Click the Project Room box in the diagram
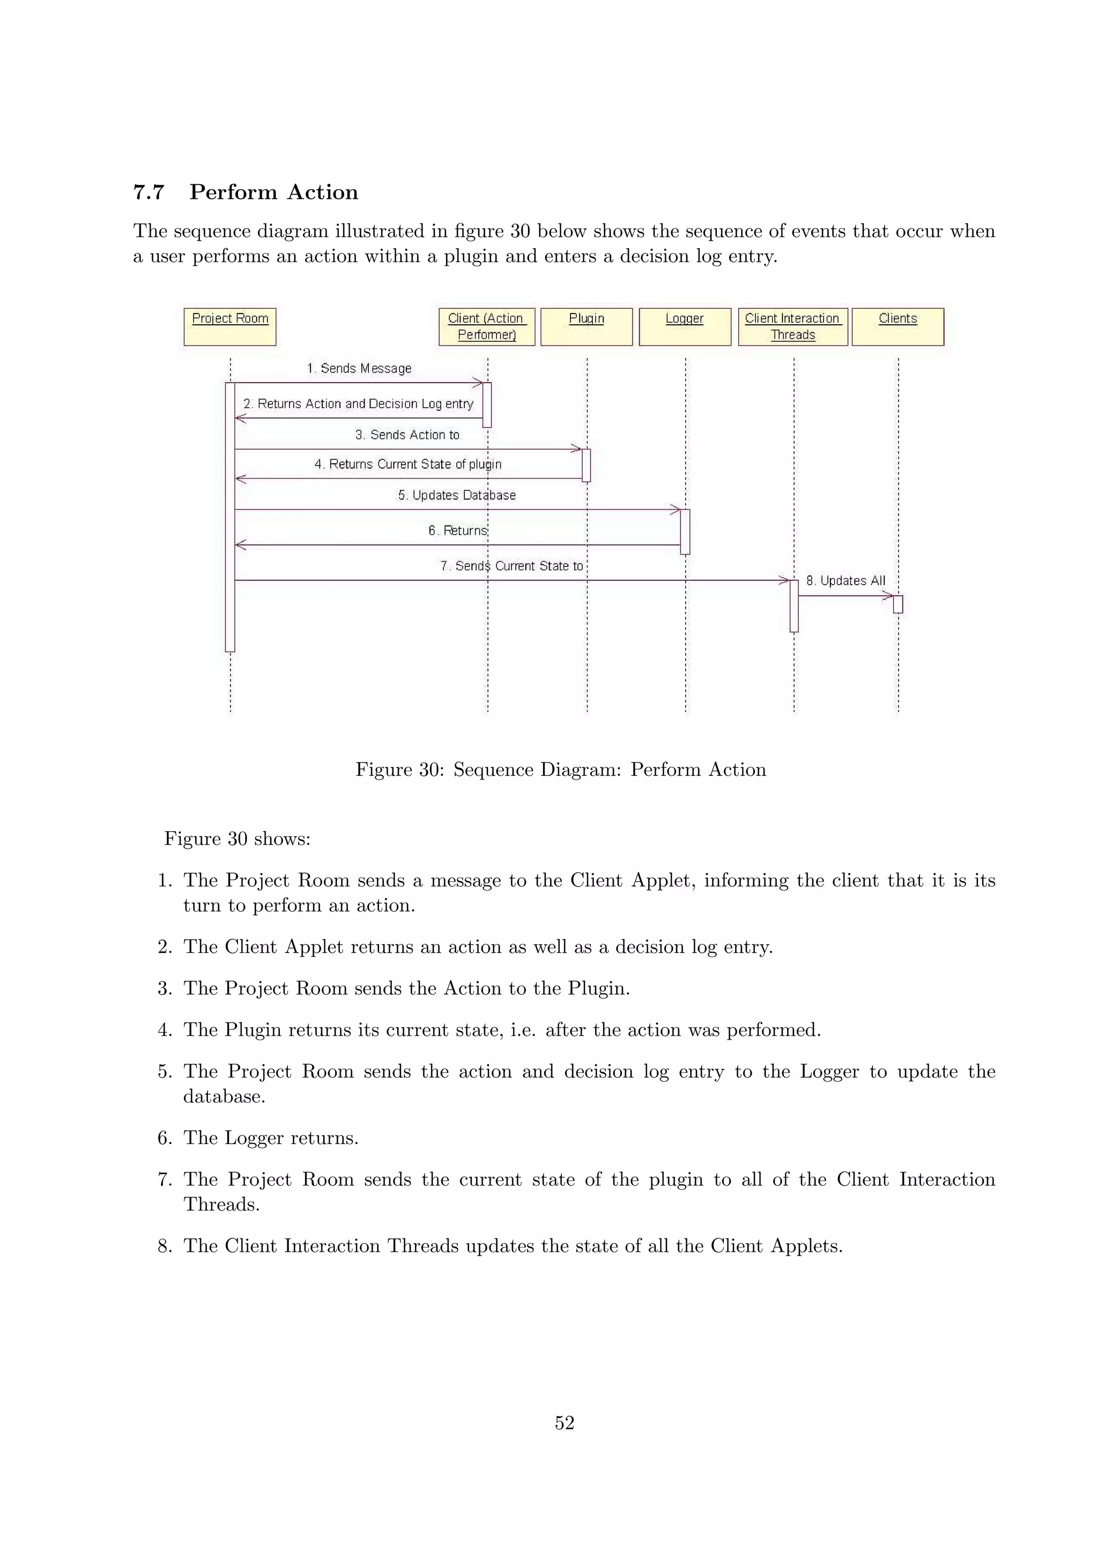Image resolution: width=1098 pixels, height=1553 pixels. pyautogui.click(x=230, y=327)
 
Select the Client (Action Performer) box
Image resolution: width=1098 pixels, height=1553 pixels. pyautogui.click(x=486, y=327)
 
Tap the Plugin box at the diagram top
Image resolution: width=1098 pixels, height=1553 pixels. pyautogui.click(x=587, y=327)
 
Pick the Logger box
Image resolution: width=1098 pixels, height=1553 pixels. pyautogui.click(x=685, y=327)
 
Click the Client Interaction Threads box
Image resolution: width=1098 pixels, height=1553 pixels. pyautogui.click(x=793, y=327)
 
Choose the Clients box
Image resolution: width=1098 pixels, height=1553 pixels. pyautogui.click(x=897, y=327)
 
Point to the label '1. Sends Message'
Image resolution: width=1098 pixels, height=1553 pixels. pyautogui.click(x=359, y=369)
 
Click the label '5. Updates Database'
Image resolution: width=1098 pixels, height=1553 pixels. pyautogui.click(x=457, y=495)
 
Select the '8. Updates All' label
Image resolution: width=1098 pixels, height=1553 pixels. pyautogui.click(x=845, y=580)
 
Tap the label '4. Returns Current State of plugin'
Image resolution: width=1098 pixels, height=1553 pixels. pyautogui.click(x=408, y=464)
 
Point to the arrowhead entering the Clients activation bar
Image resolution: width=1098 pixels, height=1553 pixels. pyautogui.click(x=888, y=596)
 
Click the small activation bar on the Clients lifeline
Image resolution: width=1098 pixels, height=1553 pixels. pyautogui.click(x=897, y=604)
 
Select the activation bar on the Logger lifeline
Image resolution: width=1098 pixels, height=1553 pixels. pyautogui.click(x=685, y=532)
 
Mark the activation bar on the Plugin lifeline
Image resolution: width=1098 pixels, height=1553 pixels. pyautogui.click(x=586, y=465)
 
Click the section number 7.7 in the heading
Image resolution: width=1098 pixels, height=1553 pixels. pyautogui.click(x=149, y=193)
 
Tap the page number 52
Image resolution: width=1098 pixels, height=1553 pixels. pyautogui.click(x=564, y=1423)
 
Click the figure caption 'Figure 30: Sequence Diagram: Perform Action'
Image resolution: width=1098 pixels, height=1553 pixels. pyautogui.click(x=561, y=770)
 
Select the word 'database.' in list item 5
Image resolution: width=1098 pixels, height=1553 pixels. pyautogui.click(x=224, y=1096)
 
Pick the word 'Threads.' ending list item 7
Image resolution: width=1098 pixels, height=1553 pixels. pyautogui.click(x=222, y=1205)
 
